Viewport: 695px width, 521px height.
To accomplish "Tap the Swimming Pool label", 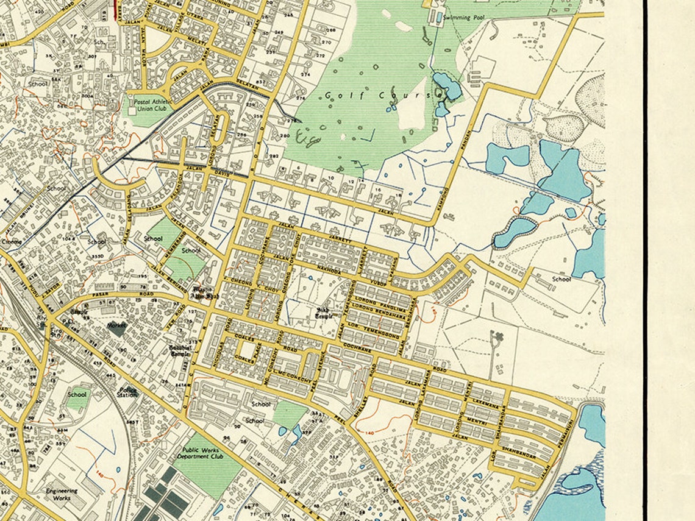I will [465, 18].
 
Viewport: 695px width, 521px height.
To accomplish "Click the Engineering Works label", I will [62, 494].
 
